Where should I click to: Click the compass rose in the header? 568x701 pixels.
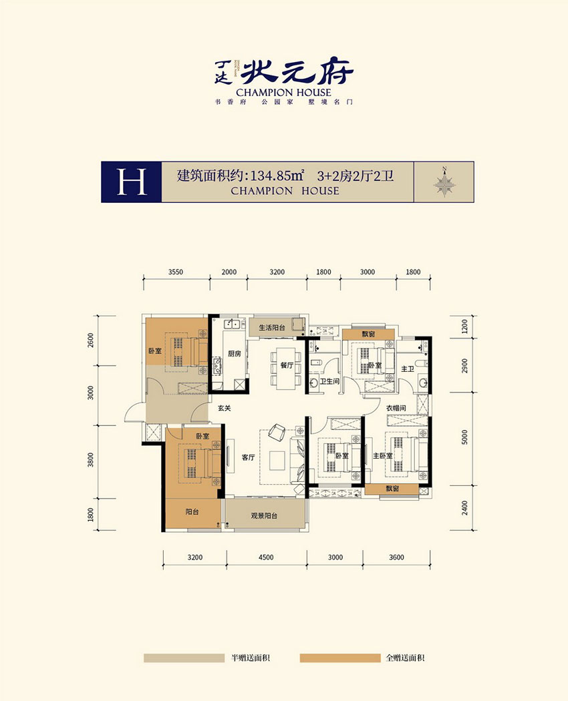[x=444, y=181]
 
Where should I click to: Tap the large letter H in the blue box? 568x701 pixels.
[x=131, y=182]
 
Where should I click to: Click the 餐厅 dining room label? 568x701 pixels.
[x=287, y=365]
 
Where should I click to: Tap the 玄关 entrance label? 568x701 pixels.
[x=223, y=409]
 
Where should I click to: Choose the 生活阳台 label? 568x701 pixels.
[x=267, y=327]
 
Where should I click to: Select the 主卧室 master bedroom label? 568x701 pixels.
[x=382, y=456]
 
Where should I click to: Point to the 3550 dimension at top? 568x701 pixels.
[x=176, y=272]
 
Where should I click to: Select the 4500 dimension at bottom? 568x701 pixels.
[x=265, y=557]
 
